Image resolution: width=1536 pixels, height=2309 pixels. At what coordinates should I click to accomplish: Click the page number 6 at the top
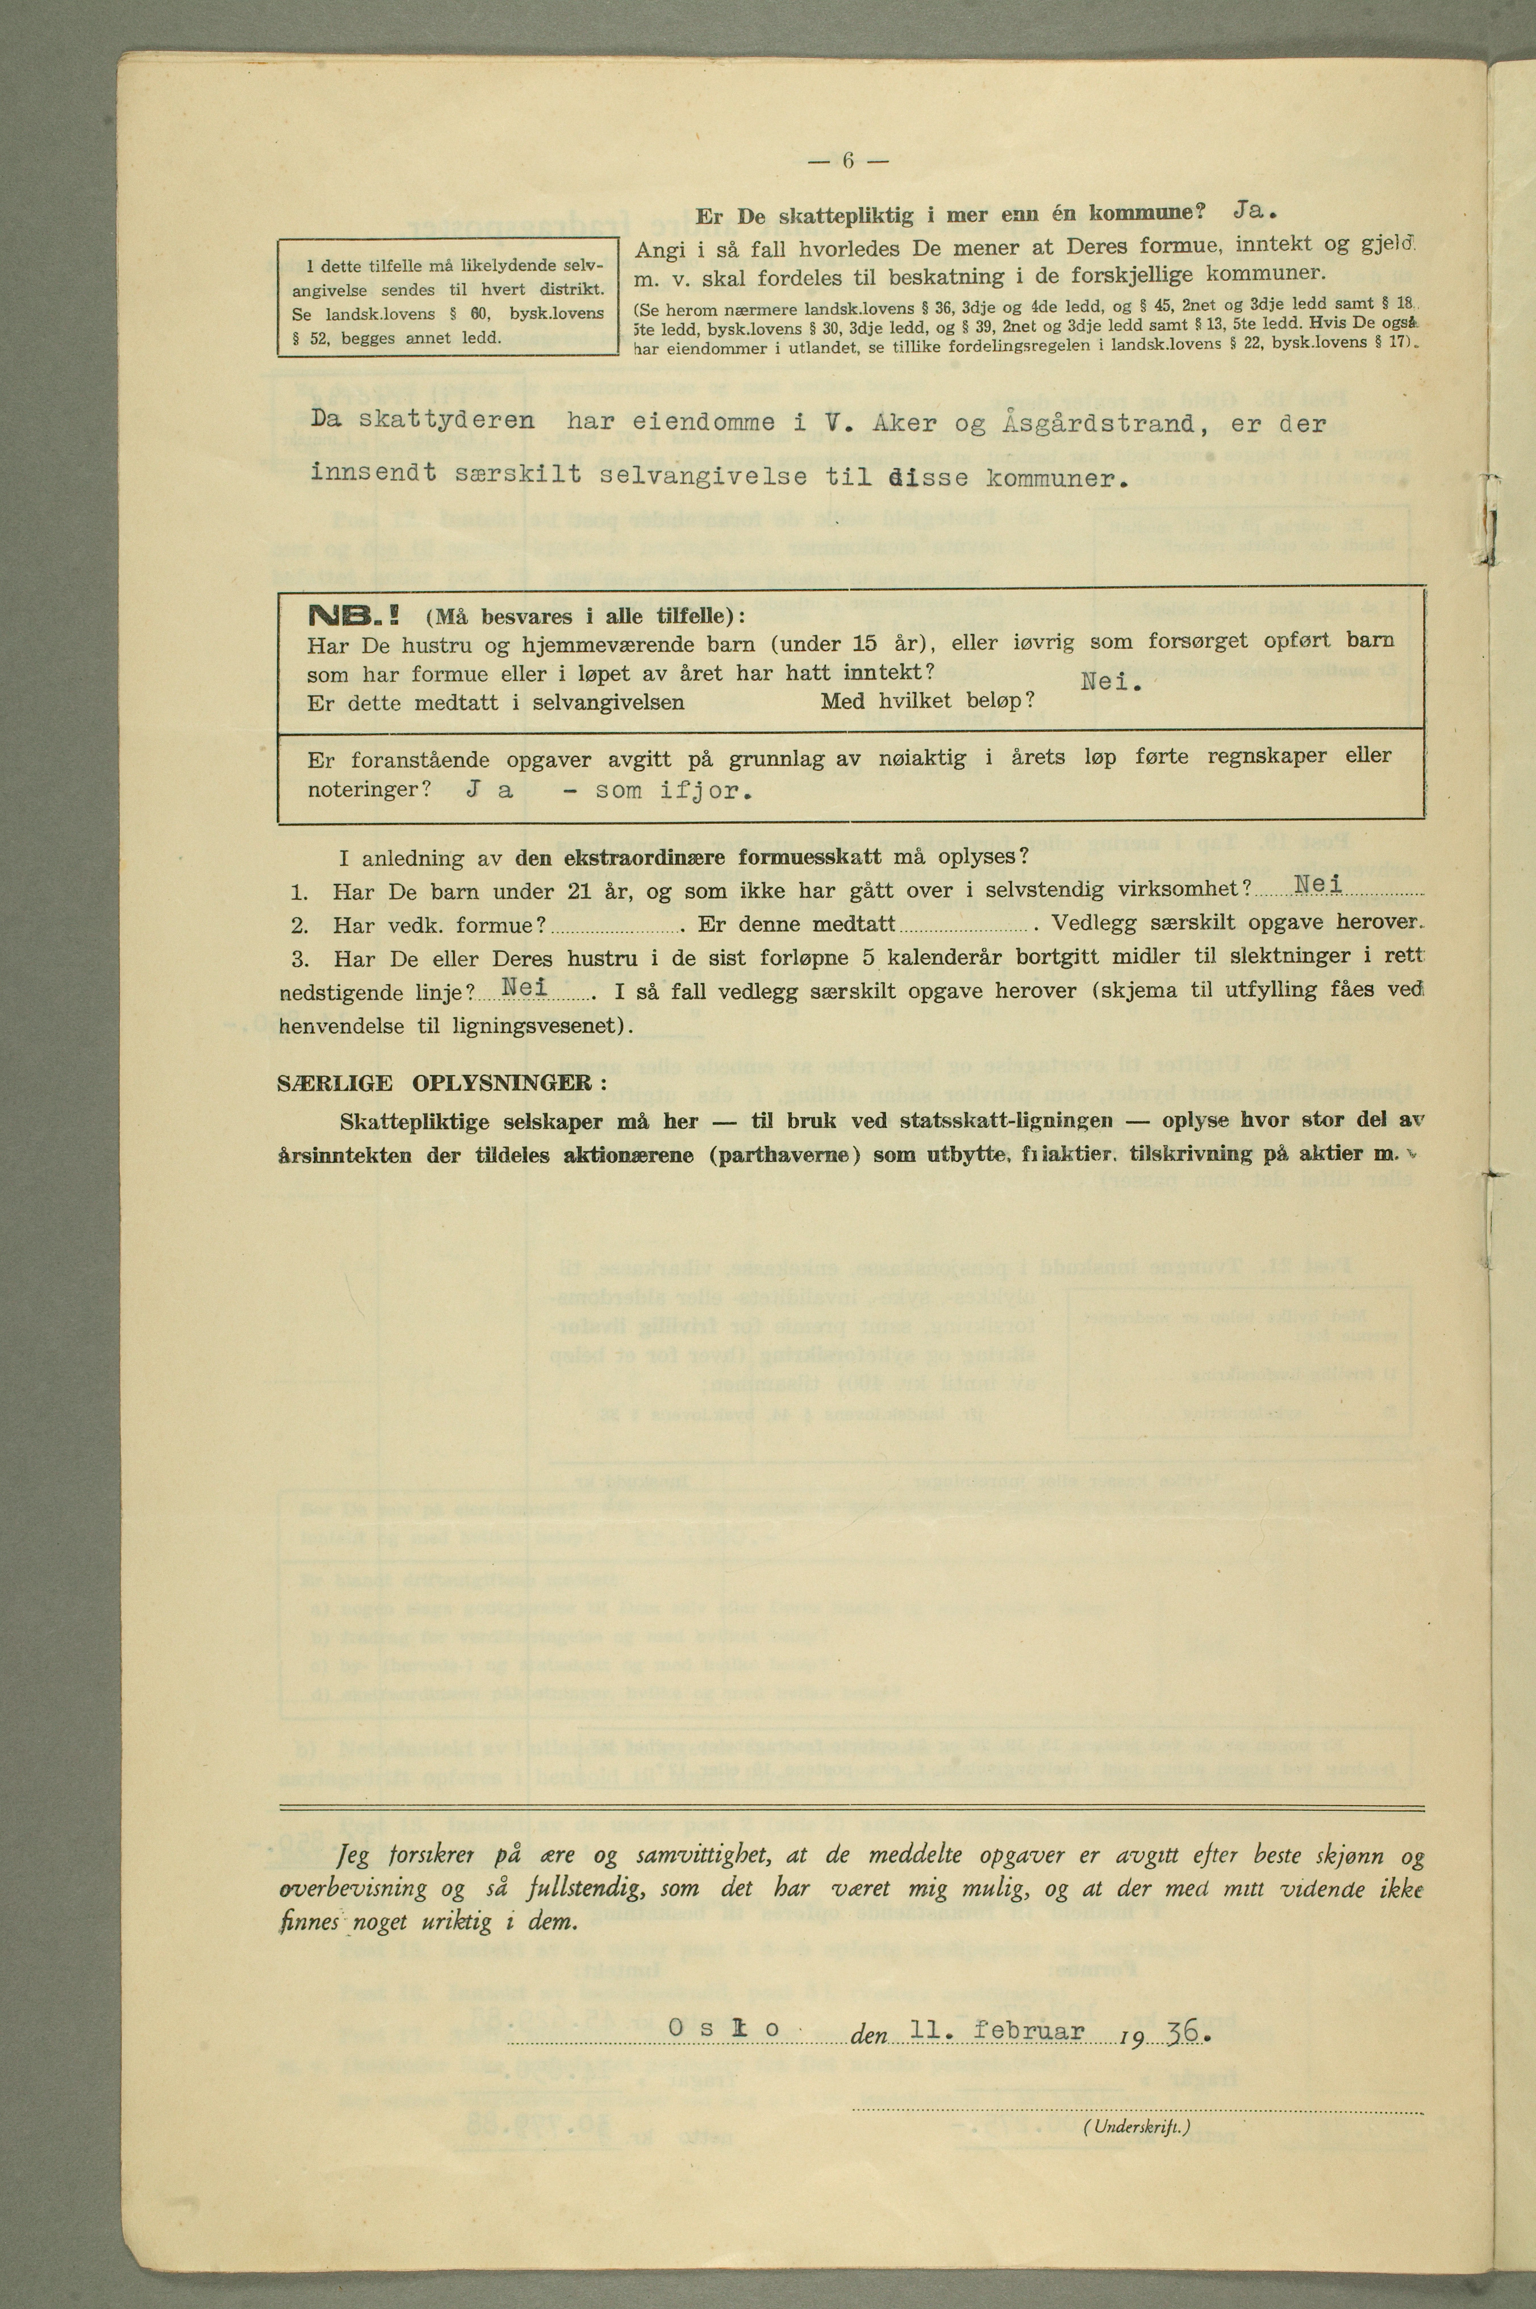point(848,161)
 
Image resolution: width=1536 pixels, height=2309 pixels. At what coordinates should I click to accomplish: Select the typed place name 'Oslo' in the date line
point(725,2030)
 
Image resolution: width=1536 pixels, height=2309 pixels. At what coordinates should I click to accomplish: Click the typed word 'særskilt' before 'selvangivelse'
point(518,475)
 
